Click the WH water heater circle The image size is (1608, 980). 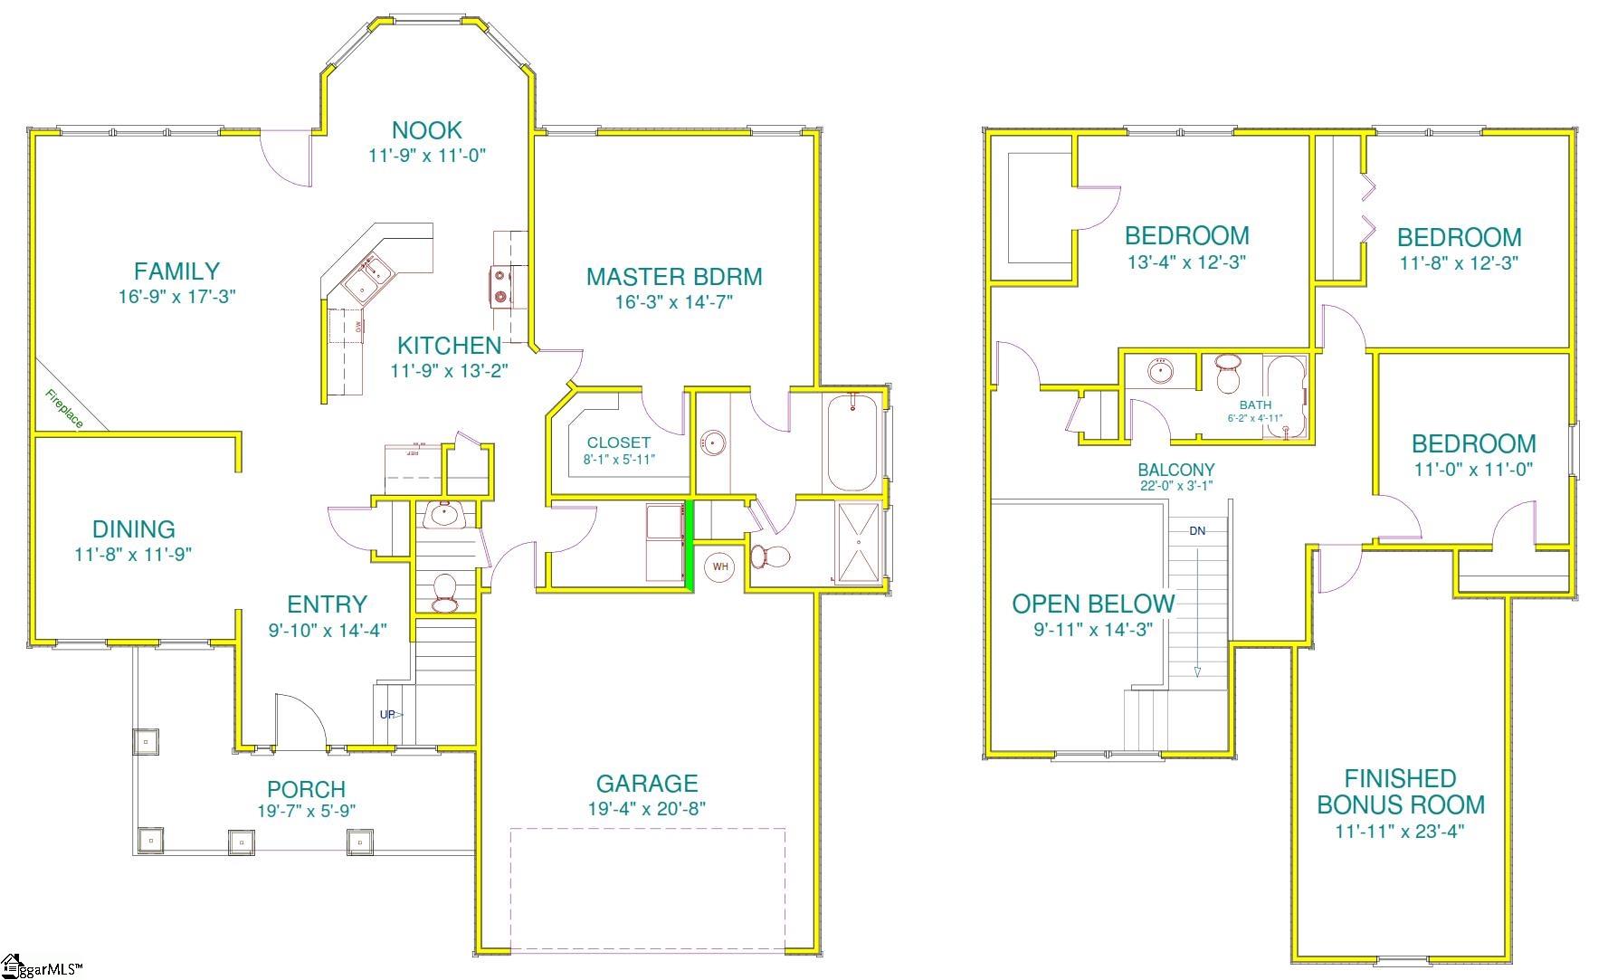720,567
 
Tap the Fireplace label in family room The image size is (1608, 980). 64,409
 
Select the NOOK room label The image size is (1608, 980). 426,130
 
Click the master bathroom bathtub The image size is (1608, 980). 852,442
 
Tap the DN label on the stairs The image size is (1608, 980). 1197,531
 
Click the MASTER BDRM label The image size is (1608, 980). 674,277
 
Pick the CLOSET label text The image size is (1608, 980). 619,442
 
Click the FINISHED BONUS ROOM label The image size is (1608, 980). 1400,792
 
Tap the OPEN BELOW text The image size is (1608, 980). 1093,604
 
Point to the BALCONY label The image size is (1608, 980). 1176,470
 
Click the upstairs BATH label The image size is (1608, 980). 1255,405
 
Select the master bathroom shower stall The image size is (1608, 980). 857,543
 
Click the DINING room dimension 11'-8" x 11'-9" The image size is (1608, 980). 133,554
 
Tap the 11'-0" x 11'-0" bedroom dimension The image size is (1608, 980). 1473,470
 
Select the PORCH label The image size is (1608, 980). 306,789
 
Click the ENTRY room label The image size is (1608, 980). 327,604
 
